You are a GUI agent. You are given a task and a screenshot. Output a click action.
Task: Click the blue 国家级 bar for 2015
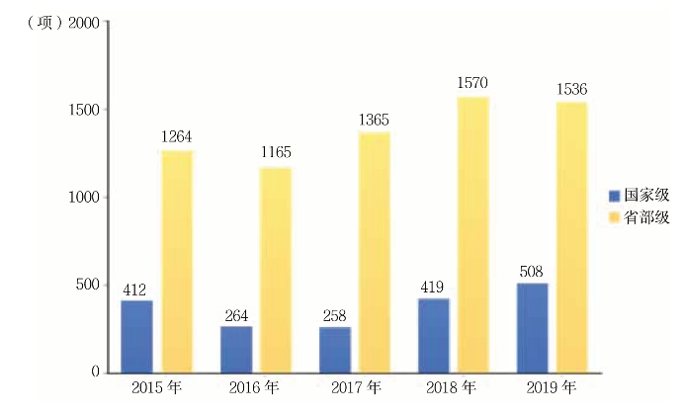click(136, 336)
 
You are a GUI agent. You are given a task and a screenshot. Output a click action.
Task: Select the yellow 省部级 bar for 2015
click(177, 262)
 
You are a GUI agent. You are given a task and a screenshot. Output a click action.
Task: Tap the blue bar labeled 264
click(235, 349)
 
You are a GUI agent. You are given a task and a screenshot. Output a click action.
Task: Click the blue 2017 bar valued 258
click(334, 350)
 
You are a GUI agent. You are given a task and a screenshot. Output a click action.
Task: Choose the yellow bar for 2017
click(375, 252)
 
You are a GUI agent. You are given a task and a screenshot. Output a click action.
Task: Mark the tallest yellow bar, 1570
click(472, 234)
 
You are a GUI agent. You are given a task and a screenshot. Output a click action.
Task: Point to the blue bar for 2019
click(532, 328)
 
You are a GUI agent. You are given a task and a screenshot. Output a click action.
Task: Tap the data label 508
click(531, 270)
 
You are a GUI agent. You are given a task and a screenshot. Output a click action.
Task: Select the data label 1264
click(177, 136)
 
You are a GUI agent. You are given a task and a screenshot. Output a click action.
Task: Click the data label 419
click(433, 286)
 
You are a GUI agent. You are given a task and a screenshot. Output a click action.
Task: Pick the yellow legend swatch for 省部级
click(614, 217)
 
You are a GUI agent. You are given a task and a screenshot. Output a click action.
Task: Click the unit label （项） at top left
click(40, 23)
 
